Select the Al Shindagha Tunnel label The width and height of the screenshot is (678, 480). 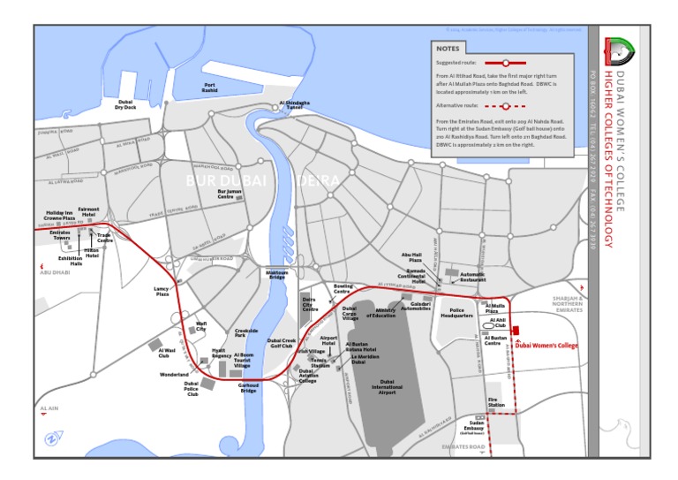[295, 104]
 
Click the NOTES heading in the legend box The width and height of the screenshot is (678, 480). [448, 50]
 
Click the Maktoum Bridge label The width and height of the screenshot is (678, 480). [277, 275]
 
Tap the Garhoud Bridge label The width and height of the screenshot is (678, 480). [249, 387]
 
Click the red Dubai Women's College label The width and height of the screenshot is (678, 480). [547, 346]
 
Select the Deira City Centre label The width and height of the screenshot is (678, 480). [310, 305]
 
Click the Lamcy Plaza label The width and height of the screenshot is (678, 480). [162, 290]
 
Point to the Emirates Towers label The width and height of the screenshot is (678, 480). [62, 235]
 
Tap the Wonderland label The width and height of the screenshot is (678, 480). [174, 375]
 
